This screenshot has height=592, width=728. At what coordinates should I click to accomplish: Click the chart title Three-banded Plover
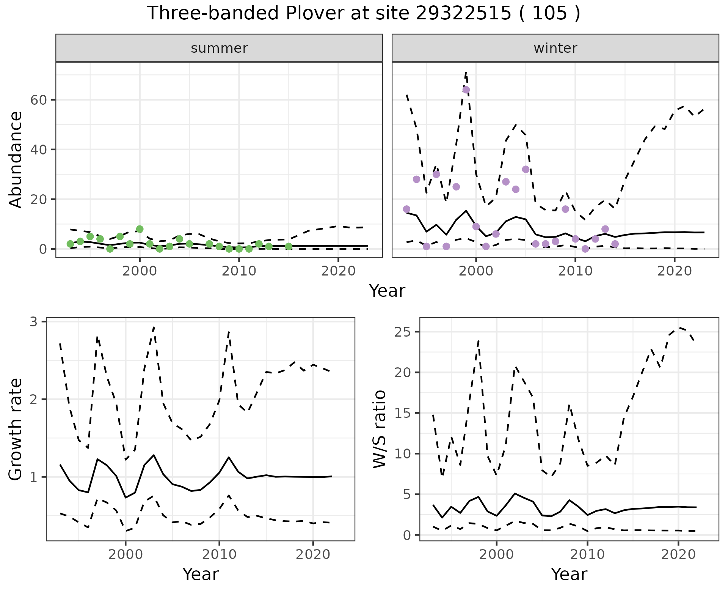click(363, 14)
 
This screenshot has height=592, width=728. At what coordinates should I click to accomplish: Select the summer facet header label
click(219, 48)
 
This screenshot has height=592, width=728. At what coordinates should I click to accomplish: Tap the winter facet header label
click(555, 48)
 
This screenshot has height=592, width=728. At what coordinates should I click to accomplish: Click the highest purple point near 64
click(466, 90)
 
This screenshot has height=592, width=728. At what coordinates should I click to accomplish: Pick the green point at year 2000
click(140, 229)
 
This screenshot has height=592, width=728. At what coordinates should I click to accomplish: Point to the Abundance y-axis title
click(16, 160)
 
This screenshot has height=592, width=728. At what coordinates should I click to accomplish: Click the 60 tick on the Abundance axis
click(38, 100)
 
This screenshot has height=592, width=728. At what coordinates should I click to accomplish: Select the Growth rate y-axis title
click(16, 429)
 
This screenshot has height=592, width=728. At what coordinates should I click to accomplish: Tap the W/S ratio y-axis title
click(380, 429)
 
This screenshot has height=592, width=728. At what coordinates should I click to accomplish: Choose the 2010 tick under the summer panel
click(239, 271)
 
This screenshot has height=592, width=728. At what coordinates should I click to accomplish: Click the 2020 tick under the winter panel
click(675, 271)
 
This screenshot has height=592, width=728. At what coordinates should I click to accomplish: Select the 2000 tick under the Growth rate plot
click(125, 554)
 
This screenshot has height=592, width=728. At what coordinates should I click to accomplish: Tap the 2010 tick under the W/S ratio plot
click(587, 554)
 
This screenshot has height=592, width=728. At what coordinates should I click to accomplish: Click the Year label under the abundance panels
click(387, 291)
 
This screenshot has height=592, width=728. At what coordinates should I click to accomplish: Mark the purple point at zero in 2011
click(585, 249)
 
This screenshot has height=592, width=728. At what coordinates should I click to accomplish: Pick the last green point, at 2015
click(289, 247)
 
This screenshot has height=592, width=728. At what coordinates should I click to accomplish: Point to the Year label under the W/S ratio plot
click(569, 575)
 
